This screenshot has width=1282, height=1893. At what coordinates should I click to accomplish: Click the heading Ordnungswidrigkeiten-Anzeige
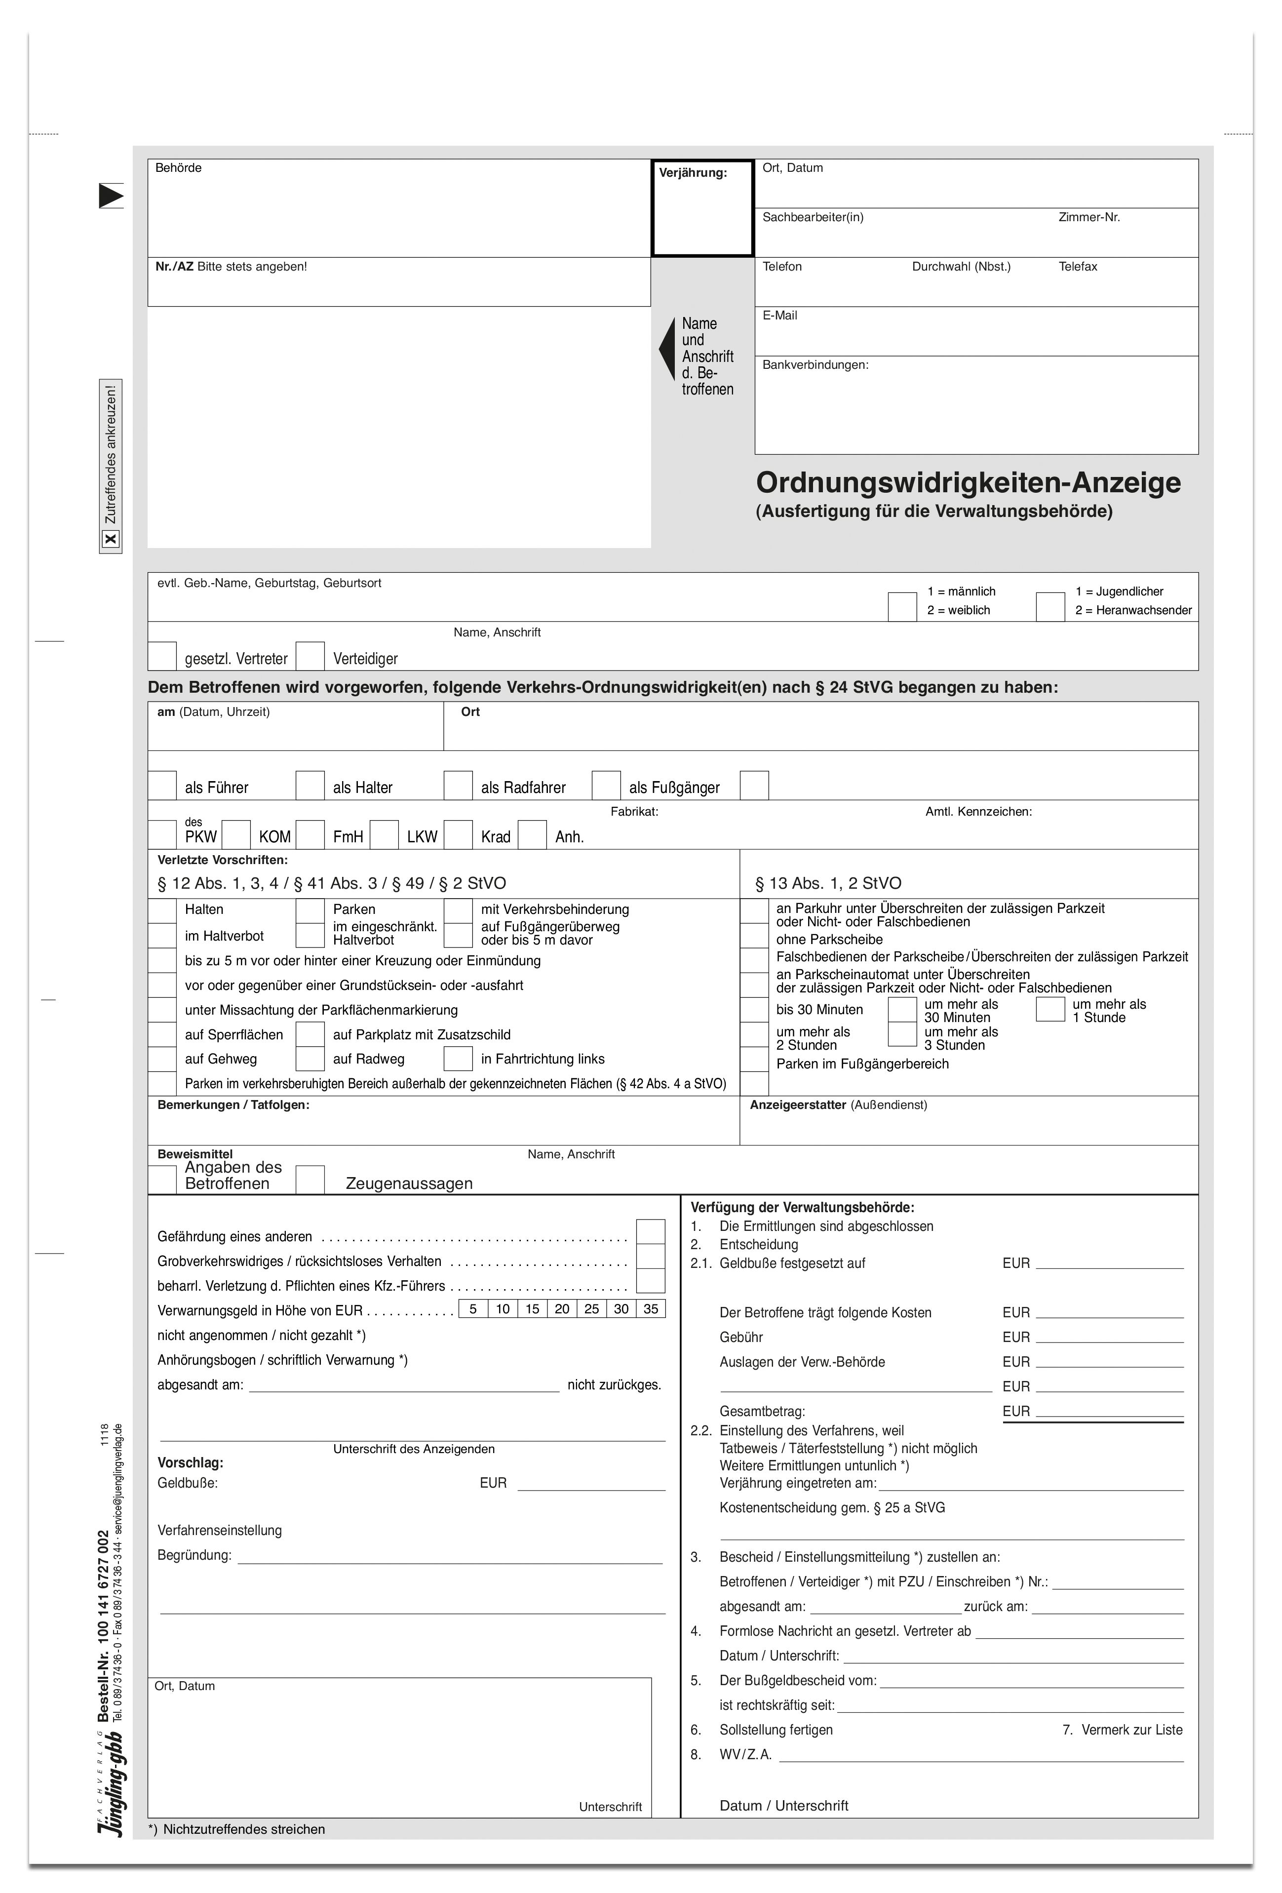pos(968,482)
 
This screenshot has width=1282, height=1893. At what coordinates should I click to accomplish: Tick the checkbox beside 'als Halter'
pos(310,785)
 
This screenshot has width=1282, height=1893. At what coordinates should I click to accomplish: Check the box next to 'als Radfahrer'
pos(458,785)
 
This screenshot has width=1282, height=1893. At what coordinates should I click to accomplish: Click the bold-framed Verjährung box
pos(702,208)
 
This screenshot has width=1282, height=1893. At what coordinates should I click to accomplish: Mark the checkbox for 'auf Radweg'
pos(310,1058)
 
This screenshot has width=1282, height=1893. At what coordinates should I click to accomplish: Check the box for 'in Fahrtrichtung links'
pos(458,1058)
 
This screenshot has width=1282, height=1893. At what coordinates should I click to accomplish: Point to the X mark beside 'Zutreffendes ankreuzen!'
pos(111,539)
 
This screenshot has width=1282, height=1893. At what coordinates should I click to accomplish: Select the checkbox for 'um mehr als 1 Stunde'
pos(1050,1009)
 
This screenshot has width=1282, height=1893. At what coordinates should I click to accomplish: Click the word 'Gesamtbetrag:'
pos(762,1411)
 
